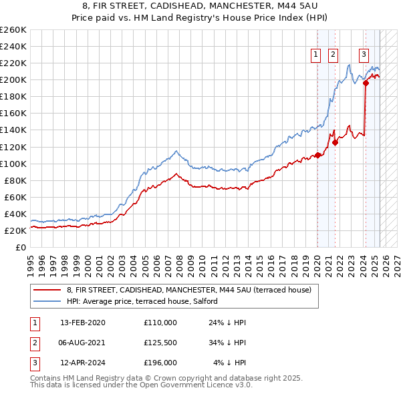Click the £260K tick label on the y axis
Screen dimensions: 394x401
(x=13, y=30)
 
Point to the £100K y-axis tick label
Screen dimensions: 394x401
(x=13, y=164)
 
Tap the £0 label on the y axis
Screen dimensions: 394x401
(x=21, y=247)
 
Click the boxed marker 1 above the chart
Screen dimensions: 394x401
(x=315, y=55)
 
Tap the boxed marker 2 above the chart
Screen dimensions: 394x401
(x=333, y=55)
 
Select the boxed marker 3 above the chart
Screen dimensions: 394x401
(x=364, y=55)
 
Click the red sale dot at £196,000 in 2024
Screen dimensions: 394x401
(x=366, y=83)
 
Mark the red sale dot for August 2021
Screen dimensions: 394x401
(x=335, y=142)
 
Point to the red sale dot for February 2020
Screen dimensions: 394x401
(x=318, y=155)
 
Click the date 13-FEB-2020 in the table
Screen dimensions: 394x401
(x=82, y=323)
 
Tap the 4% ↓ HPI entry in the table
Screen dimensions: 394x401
(x=230, y=363)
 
